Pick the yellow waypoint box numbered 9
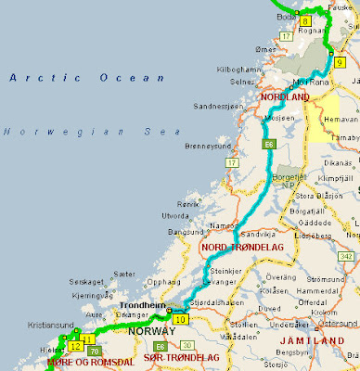340,61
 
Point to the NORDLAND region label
284,96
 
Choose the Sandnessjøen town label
219,108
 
